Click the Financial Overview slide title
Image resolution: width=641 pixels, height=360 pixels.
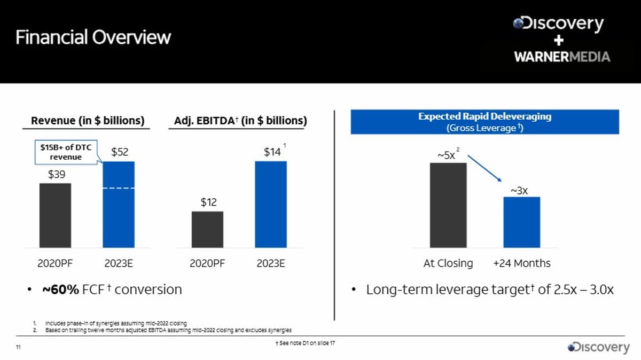[x=93, y=37]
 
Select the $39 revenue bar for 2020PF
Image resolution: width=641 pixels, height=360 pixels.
[x=55, y=215]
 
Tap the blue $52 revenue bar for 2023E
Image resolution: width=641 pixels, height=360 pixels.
[x=119, y=205]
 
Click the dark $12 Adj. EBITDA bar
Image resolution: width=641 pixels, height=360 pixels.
[x=207, y=229]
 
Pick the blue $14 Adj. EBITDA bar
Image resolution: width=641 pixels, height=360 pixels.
[x=271, y=205]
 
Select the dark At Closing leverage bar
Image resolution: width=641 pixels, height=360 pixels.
[x=448, y=205]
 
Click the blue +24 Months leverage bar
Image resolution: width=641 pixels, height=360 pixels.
[x=521, y=222]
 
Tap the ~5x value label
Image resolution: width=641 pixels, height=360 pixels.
[x=447, y=155]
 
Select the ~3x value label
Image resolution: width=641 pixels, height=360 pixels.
[x=519, y=190]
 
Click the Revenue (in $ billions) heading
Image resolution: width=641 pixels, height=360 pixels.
[x=88, y=121]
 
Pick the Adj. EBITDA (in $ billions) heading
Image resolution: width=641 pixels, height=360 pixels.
[x=240, y=121]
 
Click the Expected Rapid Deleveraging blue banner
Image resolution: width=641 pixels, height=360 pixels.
[x=484, y=122]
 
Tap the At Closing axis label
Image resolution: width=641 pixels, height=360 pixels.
[x=448, y=263]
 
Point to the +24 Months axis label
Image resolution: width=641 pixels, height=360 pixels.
[x=521, y=263]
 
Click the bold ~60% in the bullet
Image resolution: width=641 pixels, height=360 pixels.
[x=60, y=289]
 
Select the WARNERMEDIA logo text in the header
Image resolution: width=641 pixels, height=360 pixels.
[x=562, y=57]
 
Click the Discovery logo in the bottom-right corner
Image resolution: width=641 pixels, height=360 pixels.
[x=598, y=347]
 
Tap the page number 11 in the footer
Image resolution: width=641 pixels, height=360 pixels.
[x=18, y=348]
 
